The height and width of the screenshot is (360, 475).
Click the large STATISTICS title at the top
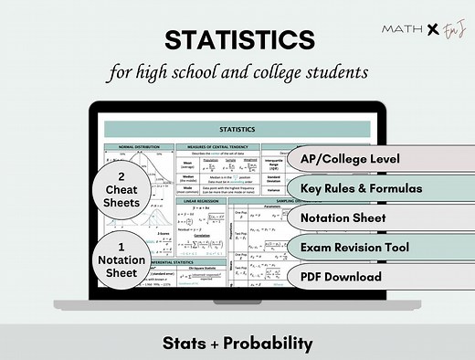(x=237, y=40)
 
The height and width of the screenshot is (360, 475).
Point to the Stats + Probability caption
(x=237, y=344)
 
